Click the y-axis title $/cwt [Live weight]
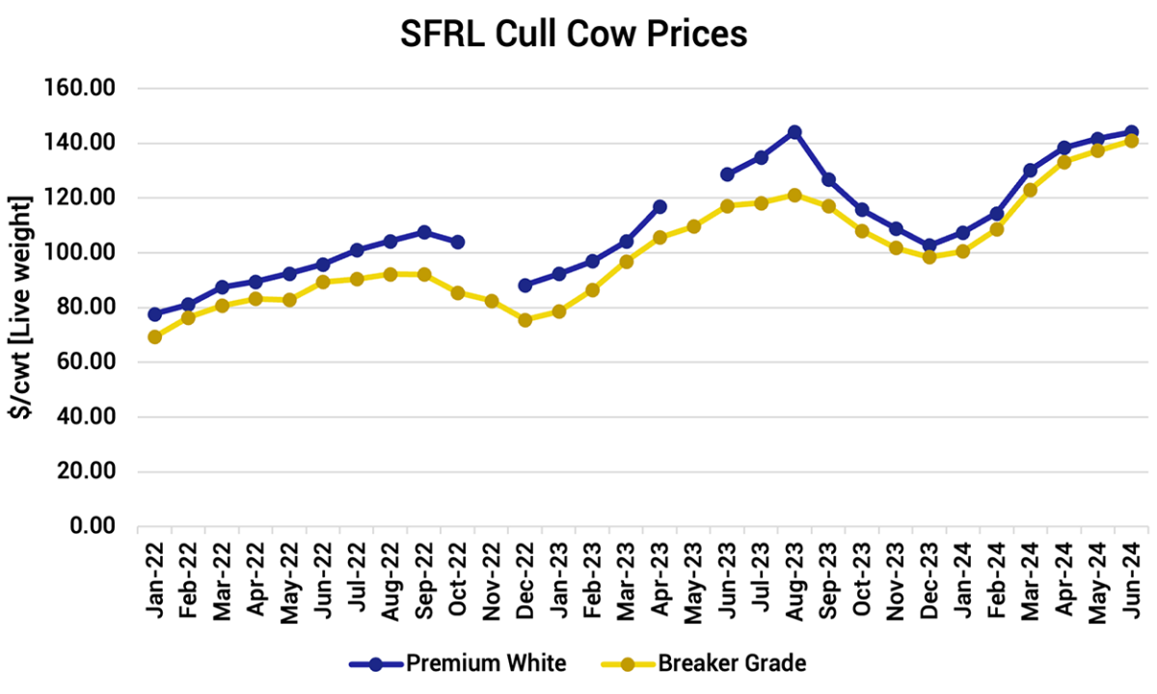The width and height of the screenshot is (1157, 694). coord(22,307)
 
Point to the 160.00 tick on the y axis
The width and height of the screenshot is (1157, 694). coord(81,89)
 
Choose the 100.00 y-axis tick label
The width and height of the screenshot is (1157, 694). coord(81,254)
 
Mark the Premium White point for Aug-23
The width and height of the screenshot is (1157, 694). coord(794,132)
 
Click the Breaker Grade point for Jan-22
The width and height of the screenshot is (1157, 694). coord(154,337)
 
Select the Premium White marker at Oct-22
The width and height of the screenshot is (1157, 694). coord(458,242)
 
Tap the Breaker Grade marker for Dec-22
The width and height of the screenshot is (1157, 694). coord(525,320)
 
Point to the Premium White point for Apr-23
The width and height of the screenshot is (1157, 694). coord(659,207)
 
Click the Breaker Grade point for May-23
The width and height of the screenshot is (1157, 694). coord(693,227)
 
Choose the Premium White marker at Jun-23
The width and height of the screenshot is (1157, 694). coord(727,174)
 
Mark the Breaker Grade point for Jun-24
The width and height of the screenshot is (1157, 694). coord(1132,141)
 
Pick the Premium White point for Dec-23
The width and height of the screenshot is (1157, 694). coord(929,246)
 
